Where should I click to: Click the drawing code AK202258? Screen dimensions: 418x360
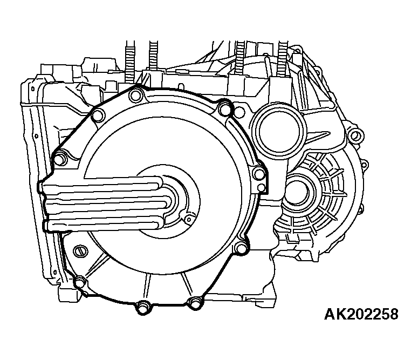(x=361, y=314)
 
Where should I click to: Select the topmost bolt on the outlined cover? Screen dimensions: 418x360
(x=135, y=96)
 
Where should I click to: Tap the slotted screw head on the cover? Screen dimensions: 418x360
(x=80, y=251)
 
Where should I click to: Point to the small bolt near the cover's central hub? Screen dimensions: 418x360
(x=189, y=220)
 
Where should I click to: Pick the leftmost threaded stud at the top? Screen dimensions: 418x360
(x=129, y=62)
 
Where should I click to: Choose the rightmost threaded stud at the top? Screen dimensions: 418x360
(x=282, y=59)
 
